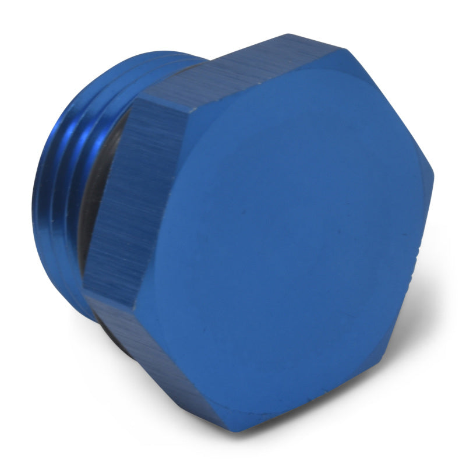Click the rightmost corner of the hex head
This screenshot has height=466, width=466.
435,175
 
